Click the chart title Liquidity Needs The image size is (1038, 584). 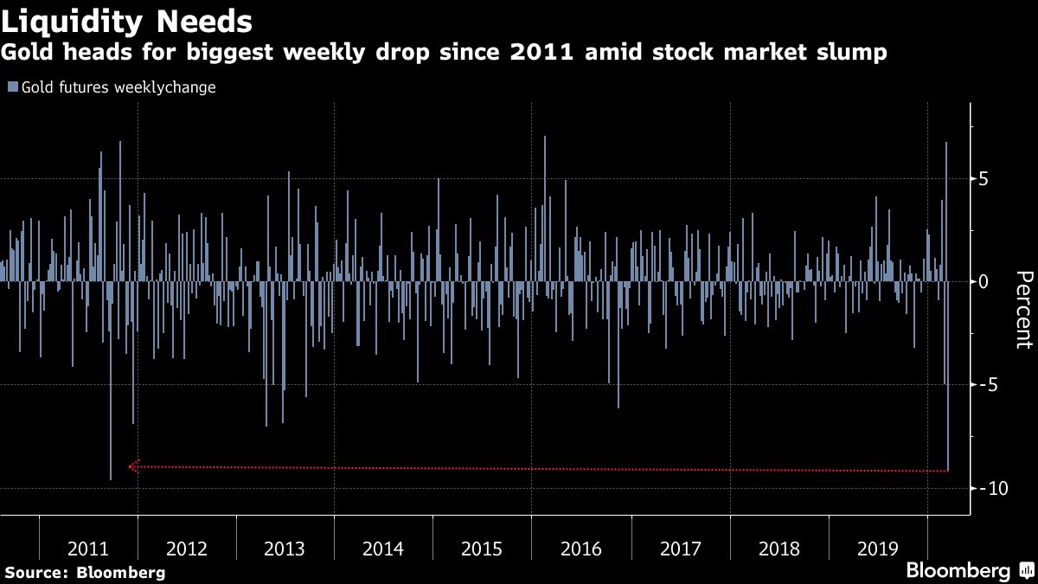127,20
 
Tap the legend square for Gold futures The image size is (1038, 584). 12,87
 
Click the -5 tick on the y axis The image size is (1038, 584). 985,385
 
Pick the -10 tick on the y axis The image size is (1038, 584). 989,488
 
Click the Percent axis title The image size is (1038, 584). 1022,310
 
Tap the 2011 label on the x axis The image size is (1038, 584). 87,549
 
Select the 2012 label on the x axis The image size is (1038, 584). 186,549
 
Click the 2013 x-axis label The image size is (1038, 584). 285,549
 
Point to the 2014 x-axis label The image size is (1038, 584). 383,549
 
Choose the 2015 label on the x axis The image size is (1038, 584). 482,549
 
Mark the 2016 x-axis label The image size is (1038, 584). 580,549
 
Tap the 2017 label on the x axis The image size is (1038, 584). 680,549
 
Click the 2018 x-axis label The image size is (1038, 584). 778,549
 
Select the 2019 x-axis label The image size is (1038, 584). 877,549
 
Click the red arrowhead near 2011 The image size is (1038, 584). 133,466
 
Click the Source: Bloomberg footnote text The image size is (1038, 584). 85,572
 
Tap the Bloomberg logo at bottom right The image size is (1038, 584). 958,571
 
